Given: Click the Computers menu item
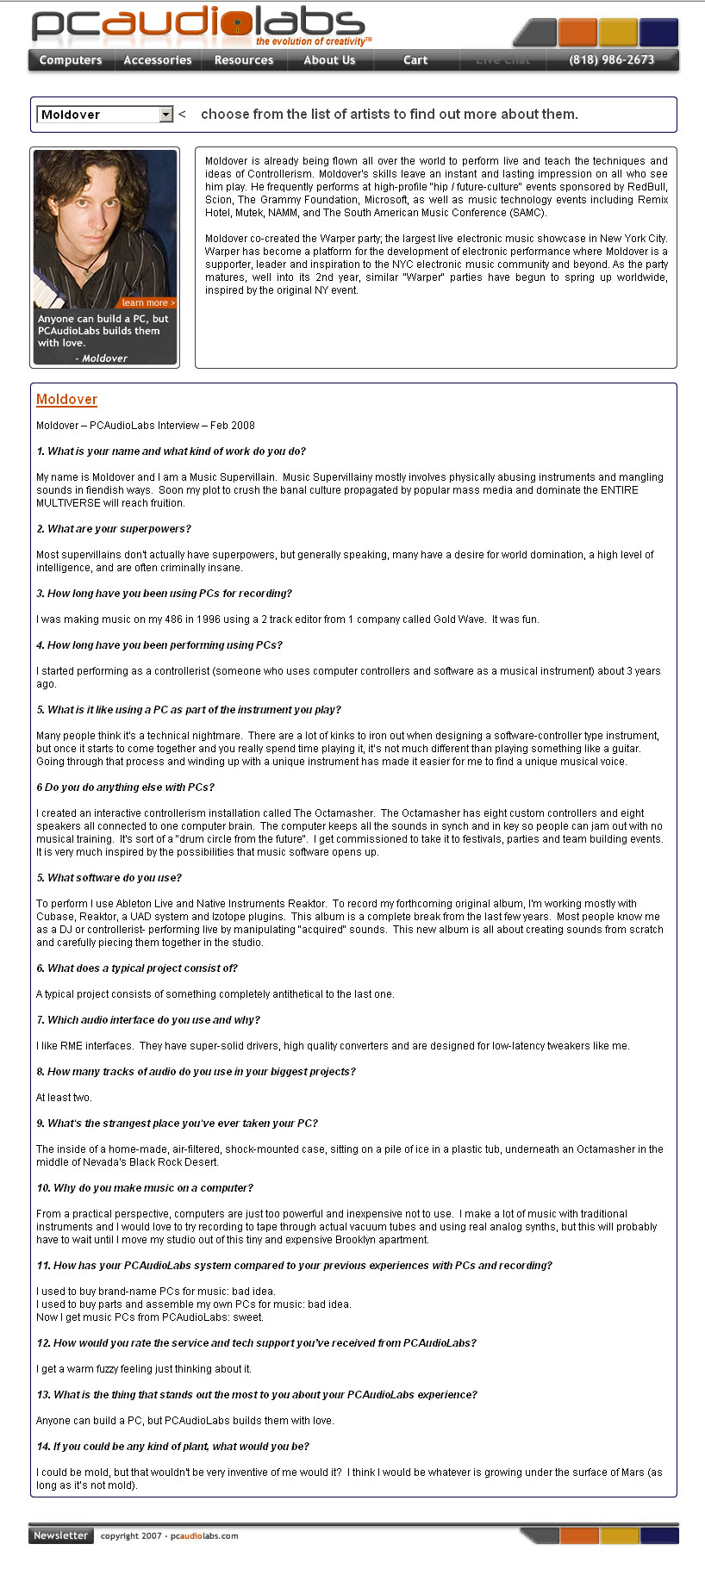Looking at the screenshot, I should click(71, 60).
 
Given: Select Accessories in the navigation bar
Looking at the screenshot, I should click(158, 60).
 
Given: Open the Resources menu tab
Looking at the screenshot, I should click(244, 60).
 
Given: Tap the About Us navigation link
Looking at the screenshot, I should click(329, 60).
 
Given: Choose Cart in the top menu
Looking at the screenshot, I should click(415, 60).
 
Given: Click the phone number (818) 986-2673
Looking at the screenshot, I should click(612, 60).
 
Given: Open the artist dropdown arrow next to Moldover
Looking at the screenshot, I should click(166, 115).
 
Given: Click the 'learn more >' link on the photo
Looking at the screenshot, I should click(147, 302).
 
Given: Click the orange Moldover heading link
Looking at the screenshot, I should click(66, 400).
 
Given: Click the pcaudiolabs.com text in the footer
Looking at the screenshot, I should click(204, 1535).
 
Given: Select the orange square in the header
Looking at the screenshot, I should click(577, 33).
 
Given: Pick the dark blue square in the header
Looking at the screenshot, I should click(658, 33).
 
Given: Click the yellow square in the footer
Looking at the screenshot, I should click(620, 1535).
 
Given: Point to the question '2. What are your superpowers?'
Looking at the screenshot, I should click(114, 529).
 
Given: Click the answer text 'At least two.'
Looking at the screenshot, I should click(64, 1098).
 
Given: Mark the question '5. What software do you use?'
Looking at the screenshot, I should click(109, 878).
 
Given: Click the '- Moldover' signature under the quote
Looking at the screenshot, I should click(101, 358).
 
